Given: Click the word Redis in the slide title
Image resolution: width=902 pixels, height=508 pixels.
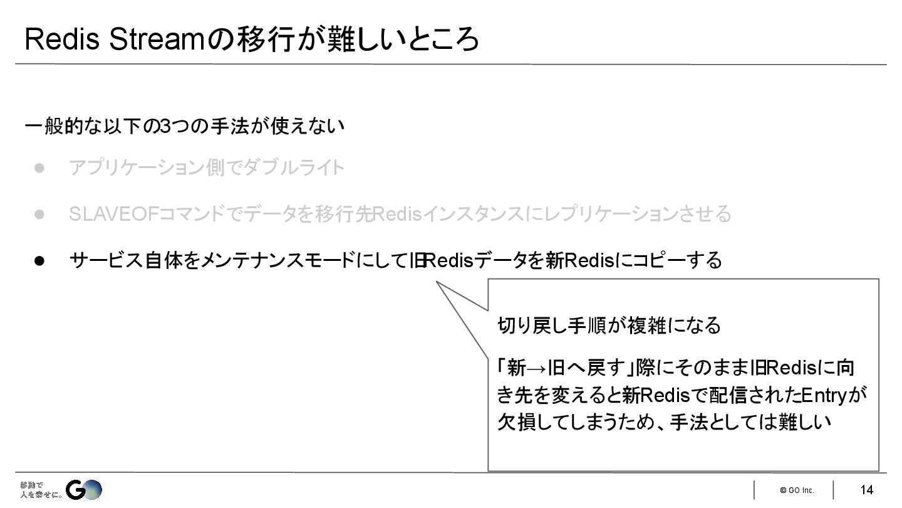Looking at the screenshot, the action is [62, 40].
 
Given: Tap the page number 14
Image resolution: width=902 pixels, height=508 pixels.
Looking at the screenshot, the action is [866, 490].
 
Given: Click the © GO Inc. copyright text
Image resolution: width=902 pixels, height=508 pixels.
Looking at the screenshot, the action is [797, 490].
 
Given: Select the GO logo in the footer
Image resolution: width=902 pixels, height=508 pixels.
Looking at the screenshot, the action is [84, 490].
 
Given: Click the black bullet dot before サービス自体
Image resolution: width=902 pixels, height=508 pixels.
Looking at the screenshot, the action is [39, 260].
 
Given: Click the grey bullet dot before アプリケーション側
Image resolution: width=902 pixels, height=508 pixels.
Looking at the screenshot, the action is [39, 168].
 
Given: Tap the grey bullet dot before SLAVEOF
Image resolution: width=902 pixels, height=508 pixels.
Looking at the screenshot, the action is [39, 214].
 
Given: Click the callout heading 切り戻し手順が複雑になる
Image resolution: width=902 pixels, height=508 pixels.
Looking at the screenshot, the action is [609, 325].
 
